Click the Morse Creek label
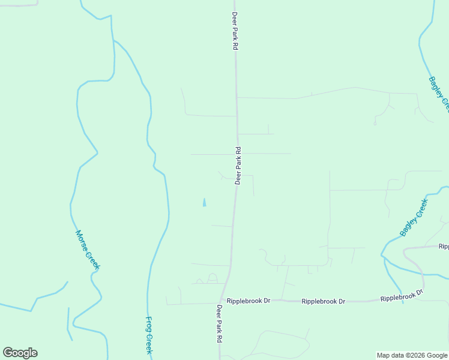point(88,250)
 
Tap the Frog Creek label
point(149,335)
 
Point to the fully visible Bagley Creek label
point(414,217)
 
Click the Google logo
point(20,353)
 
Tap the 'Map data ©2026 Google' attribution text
point(412,355)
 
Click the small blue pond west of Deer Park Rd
point(204,202)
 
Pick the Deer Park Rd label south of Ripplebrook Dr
point(220,324)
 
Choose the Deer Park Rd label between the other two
point(238,166)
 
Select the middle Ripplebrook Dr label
point(324,301)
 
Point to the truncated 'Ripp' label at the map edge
point(443,246)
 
